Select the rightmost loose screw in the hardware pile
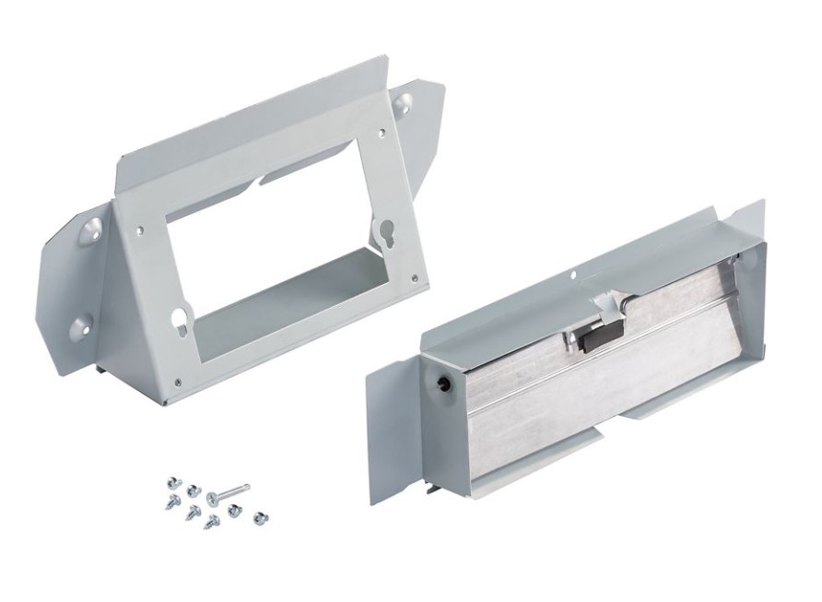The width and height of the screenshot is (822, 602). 261,518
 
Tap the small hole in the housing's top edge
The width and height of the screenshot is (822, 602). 572,274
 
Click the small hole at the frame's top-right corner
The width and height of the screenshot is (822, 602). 375,140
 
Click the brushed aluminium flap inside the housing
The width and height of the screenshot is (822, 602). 590,396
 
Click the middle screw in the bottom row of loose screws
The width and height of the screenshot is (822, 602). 212,522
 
